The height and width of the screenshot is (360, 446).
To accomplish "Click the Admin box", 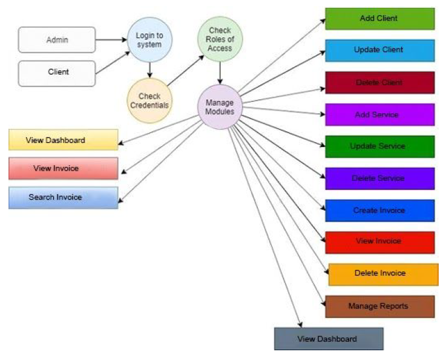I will tap(57, 40).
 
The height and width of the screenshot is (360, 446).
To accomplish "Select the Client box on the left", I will tap(57, 72).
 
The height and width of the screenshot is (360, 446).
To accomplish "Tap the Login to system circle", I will tap(149, 40).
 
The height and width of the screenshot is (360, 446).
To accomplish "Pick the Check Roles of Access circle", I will tap(220, 39).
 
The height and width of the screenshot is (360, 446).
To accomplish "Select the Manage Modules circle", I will tap(220, 106).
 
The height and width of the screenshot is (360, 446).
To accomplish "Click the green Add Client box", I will tap(379, 19).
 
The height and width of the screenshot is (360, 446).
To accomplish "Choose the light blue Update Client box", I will tap(379, 50).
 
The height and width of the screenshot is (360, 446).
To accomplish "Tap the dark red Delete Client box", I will tap(379, 82).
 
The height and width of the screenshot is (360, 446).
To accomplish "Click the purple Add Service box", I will tap(379, 114).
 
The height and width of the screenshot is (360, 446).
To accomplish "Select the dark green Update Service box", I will tap(379, 146).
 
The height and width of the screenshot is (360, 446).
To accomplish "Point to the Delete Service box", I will tap(379, 178).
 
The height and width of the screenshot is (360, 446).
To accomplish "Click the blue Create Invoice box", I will tap(379, 211).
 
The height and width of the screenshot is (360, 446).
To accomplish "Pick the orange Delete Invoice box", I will tap(382, 274).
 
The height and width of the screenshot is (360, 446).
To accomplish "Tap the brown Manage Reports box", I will tap(379, 306).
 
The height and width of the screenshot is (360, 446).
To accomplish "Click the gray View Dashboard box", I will tap(328, 339).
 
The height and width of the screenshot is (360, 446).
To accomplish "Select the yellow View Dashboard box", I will tap(63, 140).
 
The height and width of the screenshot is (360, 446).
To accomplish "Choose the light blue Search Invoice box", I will tap(63, 197).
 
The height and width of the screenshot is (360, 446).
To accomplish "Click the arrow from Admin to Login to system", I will tap(111, 40).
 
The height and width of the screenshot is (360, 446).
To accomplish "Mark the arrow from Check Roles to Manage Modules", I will tap(220, 72).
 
